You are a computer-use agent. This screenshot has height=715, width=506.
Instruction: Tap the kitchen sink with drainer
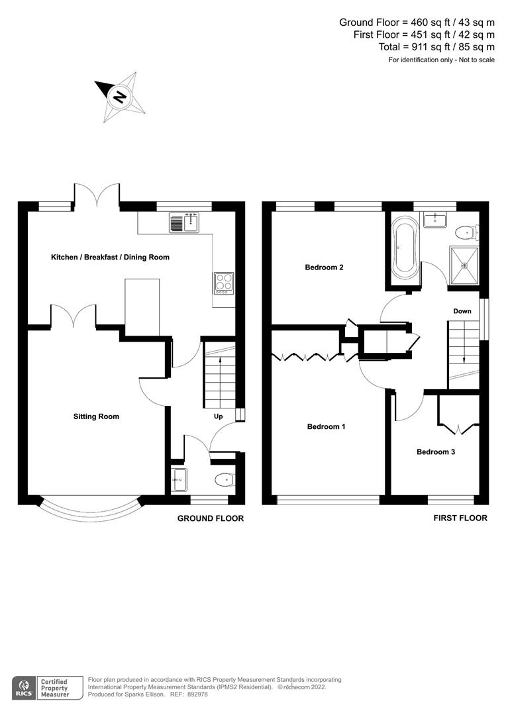183,223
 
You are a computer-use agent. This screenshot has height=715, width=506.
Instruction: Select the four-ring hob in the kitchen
223,283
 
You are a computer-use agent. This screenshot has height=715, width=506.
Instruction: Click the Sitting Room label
96,416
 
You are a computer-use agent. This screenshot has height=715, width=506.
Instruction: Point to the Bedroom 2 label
324,267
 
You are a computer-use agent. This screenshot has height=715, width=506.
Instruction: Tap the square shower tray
464,265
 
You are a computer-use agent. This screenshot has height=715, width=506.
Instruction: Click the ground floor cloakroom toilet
224,479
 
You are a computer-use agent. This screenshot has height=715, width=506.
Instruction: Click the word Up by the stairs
218,417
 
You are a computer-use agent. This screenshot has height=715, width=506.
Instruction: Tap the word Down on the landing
462,311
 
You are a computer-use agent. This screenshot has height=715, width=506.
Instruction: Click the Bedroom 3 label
435,452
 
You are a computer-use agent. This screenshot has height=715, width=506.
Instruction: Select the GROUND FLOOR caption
210,518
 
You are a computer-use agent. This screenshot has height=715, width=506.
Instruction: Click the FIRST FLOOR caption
460,518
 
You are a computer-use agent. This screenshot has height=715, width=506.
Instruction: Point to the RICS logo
24,687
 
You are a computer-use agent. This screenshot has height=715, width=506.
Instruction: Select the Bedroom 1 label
326,427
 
